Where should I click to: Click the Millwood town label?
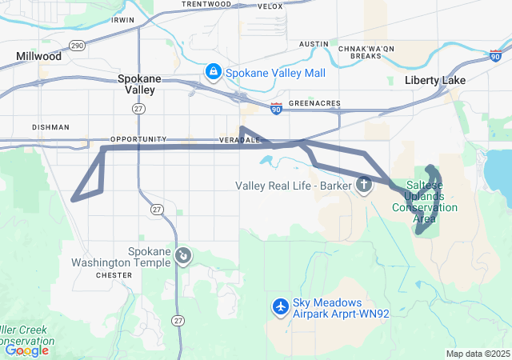coord(38,57)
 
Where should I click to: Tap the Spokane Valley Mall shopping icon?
coord(214,73)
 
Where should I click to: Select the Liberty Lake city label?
coord(436,81)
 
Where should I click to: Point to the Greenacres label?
coord(314,103)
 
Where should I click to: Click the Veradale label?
coord(240,139)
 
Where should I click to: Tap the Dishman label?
coord(51,126)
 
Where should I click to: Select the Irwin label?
coord(124,18)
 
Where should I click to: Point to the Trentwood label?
coord(206,4)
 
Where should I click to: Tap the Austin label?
coord(314,44)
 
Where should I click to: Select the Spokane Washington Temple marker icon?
coord(183,255)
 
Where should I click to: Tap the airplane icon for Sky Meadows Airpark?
coord(281,306)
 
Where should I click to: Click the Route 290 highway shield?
coord(77,46)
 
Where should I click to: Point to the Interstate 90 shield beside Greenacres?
coord(276,108)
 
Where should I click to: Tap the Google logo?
coord(26,350)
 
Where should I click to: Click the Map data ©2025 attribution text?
coord(477,354)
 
